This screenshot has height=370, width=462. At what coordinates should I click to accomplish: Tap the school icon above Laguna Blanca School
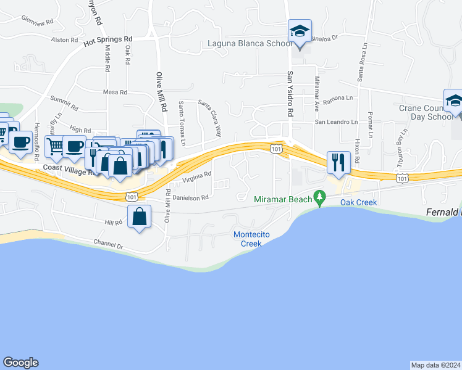point(300,31)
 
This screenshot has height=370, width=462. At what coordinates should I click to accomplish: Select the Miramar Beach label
point(283,199)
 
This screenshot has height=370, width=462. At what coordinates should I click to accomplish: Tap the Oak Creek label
point(358,202)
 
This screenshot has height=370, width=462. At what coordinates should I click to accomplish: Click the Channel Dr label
point(108,245)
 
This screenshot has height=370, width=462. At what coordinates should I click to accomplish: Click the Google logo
point(20,363)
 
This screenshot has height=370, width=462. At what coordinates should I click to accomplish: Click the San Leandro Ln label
point(336,122)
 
